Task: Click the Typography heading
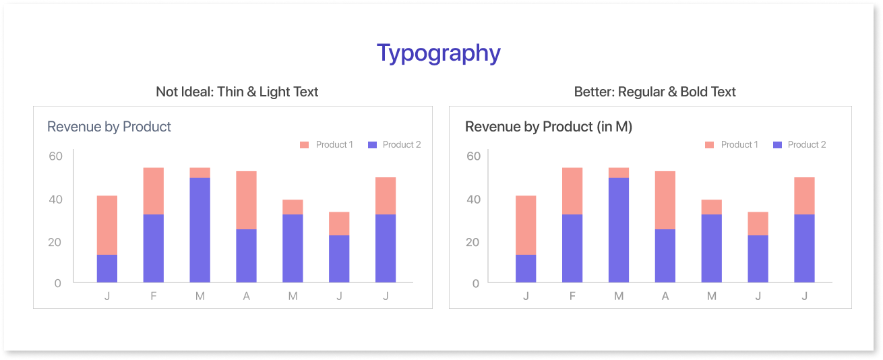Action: coord(438,53)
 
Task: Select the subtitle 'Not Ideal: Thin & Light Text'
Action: coord(237,92)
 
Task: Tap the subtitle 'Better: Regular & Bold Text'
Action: coord(654,92)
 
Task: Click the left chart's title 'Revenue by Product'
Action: coord(109,127)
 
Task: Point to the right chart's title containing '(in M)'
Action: coord(548,127)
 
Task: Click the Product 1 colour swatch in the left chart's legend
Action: coord(304,145)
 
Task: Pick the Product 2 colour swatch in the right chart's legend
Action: coord(777,145)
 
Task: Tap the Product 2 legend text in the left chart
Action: coord(402,145)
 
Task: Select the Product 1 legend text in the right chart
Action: coord(739,145)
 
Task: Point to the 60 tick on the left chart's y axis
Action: coord(56,156)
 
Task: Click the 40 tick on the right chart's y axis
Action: coord(474,200)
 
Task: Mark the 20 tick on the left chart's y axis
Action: coord(56,243)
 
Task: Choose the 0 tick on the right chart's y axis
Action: coord(477,284)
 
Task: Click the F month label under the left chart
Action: coord(154,297)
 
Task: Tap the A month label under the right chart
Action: coord(665,297)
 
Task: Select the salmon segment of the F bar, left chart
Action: coord(154,191)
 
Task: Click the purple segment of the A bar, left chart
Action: coord(247,256)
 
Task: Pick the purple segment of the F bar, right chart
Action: coord(572,248)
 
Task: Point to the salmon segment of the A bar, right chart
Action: coord(665,200)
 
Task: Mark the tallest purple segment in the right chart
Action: coord(619,230)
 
